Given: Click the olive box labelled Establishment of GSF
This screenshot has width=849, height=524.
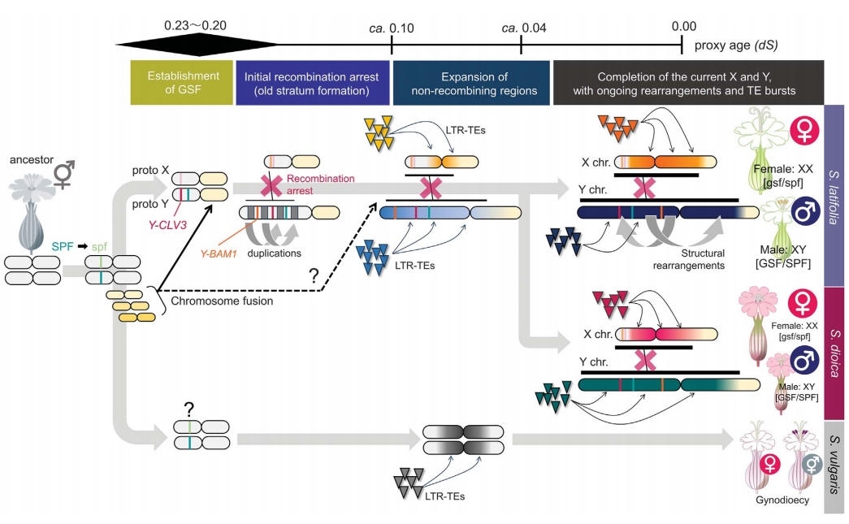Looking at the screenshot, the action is [182, 82].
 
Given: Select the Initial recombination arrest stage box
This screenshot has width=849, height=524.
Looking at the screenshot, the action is [313, 83].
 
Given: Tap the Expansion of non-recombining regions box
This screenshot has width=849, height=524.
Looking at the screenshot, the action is [471, 83].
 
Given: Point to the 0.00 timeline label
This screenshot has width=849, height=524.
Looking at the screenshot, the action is [684, 26].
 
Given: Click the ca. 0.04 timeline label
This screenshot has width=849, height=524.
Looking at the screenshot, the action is [523, 28].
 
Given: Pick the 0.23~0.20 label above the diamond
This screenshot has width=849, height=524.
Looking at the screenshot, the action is [196, 25].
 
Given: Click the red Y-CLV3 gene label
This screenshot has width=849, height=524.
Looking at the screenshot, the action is [167, 224].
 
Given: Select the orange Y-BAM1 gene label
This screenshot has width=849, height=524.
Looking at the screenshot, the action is [219, 253].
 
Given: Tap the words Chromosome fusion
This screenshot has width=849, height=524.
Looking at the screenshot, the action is [222, 301].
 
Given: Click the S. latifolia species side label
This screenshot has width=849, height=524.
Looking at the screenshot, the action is [834, 196].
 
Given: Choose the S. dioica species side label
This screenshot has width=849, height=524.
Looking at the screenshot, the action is [834, 353].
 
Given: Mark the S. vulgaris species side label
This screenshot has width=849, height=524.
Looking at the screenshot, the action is [834, 466].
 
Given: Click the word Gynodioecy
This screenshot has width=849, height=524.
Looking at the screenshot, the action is [782, 500].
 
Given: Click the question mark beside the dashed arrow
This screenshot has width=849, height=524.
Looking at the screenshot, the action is [314, 275].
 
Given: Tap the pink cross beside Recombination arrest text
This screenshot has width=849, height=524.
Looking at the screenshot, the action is [271, 185].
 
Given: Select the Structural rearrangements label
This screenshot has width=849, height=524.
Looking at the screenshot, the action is [688, 259].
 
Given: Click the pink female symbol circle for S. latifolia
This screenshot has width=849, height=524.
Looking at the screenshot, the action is [804, 131].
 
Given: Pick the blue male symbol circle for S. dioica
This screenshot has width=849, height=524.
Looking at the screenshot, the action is [804, 359].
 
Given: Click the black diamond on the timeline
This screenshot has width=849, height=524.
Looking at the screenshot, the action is [197, 45].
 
